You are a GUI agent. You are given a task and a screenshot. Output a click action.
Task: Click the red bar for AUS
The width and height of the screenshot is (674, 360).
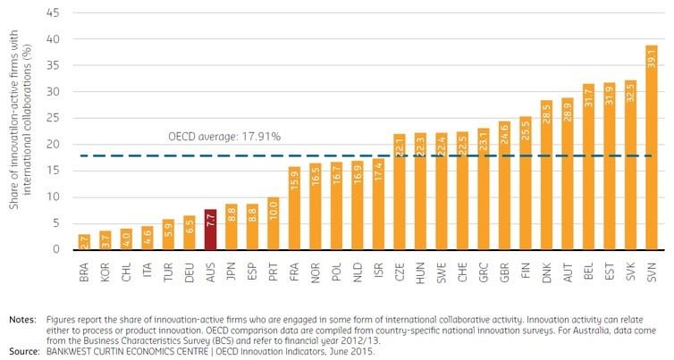pos(211,230)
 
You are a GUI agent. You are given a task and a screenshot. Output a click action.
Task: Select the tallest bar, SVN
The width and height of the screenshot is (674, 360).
pos(651,147)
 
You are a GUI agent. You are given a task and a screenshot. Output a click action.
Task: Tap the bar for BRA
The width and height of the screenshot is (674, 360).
pos(84,243)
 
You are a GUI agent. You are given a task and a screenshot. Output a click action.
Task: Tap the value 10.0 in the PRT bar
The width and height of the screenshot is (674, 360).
pos(273,210)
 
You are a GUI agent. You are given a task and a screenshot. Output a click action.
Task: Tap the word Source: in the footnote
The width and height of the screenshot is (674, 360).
pos(24,349)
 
